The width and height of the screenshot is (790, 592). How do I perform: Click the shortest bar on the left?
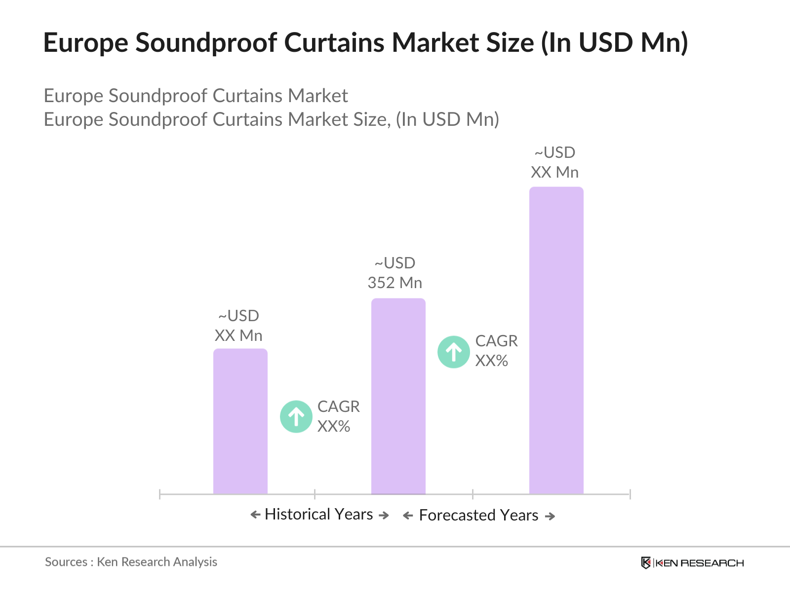click(x=240, y=421)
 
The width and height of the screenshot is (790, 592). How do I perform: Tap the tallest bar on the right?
click(x=556, y=340)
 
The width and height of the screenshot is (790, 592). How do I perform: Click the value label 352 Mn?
click(x=395, y=283)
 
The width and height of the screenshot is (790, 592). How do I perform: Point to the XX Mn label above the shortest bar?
click(x=238, y=335)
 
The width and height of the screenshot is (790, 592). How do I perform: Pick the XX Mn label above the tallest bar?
click(x=555, y=172)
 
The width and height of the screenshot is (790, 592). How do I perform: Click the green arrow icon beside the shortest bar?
click(x=296, y=416)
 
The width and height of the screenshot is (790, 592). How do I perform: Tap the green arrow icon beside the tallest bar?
click(x=454, y=352)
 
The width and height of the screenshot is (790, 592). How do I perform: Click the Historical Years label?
click(x=319, y=514)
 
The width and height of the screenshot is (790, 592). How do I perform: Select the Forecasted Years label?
click(x=478, y=515)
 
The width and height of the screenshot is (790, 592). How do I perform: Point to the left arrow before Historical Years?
click(x=255, y=515)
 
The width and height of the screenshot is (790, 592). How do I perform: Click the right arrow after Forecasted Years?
click(x=550, y=516)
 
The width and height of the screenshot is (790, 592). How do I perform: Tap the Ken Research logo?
click(x=692, y=563)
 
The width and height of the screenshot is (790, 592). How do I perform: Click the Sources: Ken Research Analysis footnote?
click(x=131, y=562)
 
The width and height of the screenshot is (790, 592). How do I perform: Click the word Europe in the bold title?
click(x=85, y=42)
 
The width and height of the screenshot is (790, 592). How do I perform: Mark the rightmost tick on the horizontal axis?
click(x=630, y=494)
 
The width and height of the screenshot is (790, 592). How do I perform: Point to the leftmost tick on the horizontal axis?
click(x=160, y=494)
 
